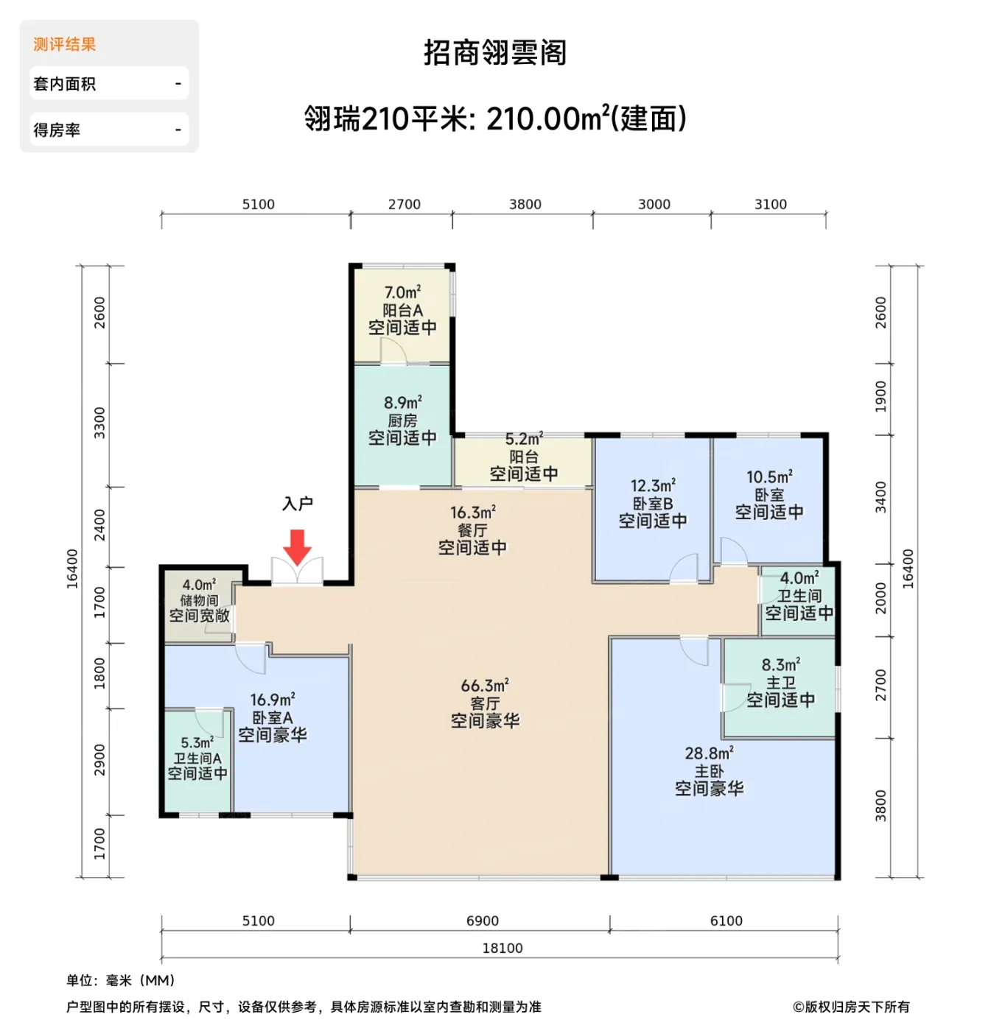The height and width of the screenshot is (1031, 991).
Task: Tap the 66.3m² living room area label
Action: point(485,686)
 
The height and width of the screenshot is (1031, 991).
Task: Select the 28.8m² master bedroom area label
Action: point(709,753)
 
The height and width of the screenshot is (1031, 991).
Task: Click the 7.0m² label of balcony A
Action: point(402,292)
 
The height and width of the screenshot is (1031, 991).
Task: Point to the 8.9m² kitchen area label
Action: point(402,403)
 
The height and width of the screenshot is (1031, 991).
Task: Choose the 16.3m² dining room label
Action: point(472,512)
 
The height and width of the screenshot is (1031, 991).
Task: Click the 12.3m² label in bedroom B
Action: point(652,486)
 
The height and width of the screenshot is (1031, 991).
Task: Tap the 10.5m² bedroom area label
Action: point(769,477)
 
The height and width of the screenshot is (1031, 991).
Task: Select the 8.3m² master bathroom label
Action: point(780,665)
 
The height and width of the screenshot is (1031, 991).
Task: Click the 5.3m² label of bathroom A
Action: point(197,743)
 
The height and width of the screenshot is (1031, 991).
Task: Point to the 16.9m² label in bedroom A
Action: point(272,700)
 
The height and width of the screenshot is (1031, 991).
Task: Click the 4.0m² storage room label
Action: point(199,585)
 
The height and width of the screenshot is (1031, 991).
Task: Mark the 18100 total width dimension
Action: point(502,949)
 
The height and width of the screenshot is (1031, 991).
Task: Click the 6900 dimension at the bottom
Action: point(483,921)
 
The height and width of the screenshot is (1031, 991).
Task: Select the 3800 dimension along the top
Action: point(525,205)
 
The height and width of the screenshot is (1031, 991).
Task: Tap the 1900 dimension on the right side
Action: point(881,398)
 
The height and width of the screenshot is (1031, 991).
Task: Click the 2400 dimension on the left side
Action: point(99,525)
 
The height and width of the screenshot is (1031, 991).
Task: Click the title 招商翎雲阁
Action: point(495,53)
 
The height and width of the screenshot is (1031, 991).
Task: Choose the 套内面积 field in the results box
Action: point(109,84)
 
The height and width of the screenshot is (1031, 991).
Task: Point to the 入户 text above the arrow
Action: point(298,504)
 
